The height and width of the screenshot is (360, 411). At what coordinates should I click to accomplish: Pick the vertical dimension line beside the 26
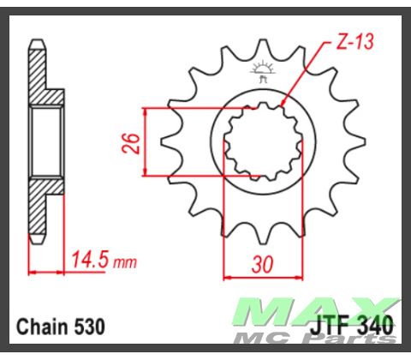(147, 141)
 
